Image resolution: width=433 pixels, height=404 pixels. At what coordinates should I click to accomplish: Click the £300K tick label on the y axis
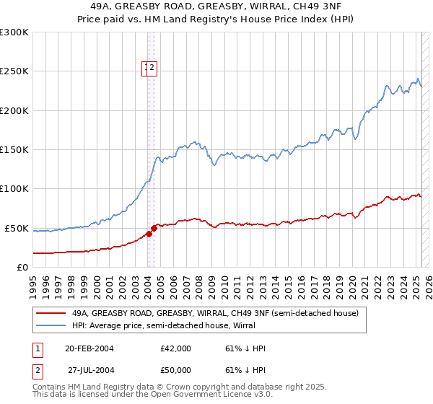click(14, 32)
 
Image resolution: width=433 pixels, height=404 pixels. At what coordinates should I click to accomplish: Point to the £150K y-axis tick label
click(14, 150)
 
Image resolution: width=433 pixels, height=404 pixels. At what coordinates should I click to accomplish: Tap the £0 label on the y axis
click(22, 267)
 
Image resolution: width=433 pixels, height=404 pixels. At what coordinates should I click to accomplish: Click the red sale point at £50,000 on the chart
click(154, 228)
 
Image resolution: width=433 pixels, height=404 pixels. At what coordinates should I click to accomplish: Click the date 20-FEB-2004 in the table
click(89, 348)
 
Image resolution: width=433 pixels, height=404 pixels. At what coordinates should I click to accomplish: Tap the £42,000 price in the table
click(175, 348)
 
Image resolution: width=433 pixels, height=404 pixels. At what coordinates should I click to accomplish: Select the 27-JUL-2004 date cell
click(91, 369)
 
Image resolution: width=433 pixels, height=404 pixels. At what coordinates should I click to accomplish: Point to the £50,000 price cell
click(175, 369)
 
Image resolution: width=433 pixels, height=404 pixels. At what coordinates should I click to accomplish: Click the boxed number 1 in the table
click(38, 348)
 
